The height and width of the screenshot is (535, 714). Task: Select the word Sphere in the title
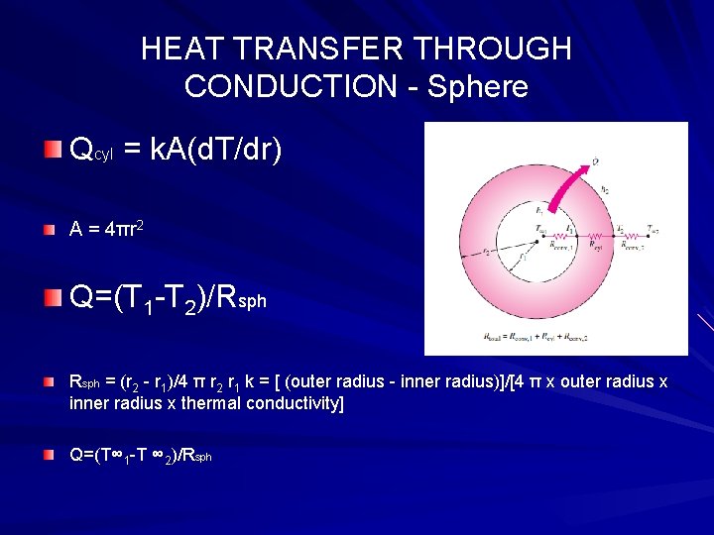coord(478,86)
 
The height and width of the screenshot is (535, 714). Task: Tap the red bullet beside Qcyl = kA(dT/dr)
coord(51,150)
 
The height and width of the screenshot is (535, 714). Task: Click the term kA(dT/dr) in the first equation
coord(218,151)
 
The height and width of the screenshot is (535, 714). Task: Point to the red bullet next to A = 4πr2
coord(51,230)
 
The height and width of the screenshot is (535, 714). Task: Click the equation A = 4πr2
coord(109,229)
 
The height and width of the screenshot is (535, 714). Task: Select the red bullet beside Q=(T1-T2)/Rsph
coord(51,296)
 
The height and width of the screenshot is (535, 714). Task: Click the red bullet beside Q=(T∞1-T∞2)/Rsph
coord(51,455)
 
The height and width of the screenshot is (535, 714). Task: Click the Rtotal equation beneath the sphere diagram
coord(553,335)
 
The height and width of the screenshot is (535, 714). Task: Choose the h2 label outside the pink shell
coord(607,187)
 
